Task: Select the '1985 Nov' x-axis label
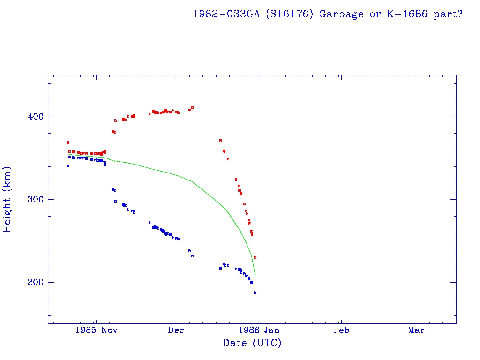[96, 330]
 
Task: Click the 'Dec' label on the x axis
[176, 330]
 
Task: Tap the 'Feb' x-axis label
[341, 330]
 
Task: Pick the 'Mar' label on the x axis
[416, 330]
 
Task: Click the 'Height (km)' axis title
[7, 199]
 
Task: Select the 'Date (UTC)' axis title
[252, 343]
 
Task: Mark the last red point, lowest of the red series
[255, 257]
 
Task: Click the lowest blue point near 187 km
[255, 292]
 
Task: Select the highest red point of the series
[192, 107]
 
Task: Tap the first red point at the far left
[68, 142]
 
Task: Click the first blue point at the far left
[68, 165]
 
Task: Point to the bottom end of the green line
[255, 274]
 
